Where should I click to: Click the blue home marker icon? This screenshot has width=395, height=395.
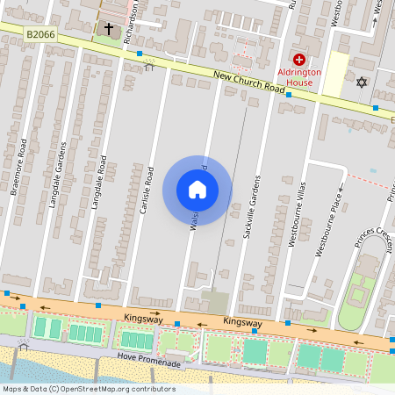tap(197, 189)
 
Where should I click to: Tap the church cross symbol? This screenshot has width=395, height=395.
tap(109, 30)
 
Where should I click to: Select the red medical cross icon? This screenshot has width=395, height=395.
tap(299, 58)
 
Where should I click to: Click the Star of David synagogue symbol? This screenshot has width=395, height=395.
tap(360, 83)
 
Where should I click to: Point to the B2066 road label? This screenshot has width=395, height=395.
tap(39, 33)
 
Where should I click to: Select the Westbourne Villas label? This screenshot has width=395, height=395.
tap(301, 216)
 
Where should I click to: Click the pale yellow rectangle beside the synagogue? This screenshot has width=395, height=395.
tap(336, 75)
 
